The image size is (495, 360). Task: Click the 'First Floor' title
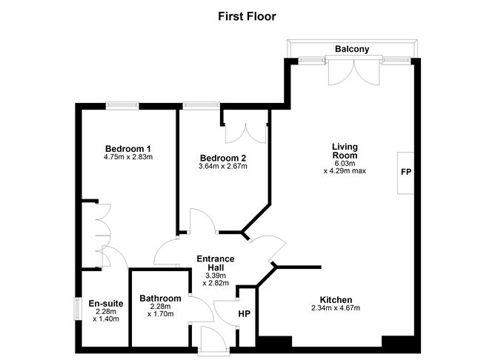(x=247, y=15)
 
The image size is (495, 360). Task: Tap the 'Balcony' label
(x=352, y=50)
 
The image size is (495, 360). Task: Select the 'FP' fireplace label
(x=406, y=172)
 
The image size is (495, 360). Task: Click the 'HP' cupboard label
(x=244, y=313)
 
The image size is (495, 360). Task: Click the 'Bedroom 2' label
(x=223, y=158)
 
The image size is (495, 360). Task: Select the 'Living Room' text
(x=345, y=151)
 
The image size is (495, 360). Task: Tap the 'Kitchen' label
(x=336, y=300)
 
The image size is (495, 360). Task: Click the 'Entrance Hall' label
(x=215, y=263)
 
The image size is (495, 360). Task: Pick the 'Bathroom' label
(x=160, y=299)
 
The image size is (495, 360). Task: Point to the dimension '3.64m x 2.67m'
(x=223, y=167)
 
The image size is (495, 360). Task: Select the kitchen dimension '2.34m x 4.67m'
(x=336, y=309)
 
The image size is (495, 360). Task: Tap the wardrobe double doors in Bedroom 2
(x=245, y=129)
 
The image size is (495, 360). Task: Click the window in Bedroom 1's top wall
(x=122, y=105)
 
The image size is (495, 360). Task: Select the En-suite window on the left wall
(x=77, y=309)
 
